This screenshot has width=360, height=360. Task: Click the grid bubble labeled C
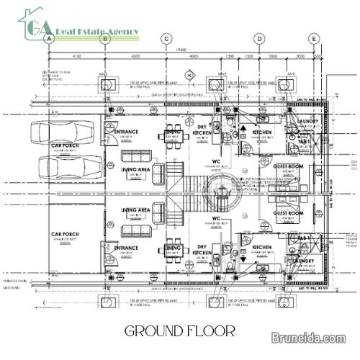[x=166, y=39]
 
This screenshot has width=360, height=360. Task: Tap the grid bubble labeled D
[x=258, y=39]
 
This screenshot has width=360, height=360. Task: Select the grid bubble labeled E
[x=313, y=39]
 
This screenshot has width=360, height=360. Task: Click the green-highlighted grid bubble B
[x=105, y=39]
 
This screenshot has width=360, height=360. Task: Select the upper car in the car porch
[x=66, y=135]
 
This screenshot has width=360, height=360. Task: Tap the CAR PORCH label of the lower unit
[x=65, y=234]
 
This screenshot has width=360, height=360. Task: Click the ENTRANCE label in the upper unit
[x=126, y=132]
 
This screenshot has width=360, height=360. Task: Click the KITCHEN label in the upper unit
[x=262, y=132]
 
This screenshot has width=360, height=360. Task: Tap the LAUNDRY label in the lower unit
[x=302, y=261]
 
